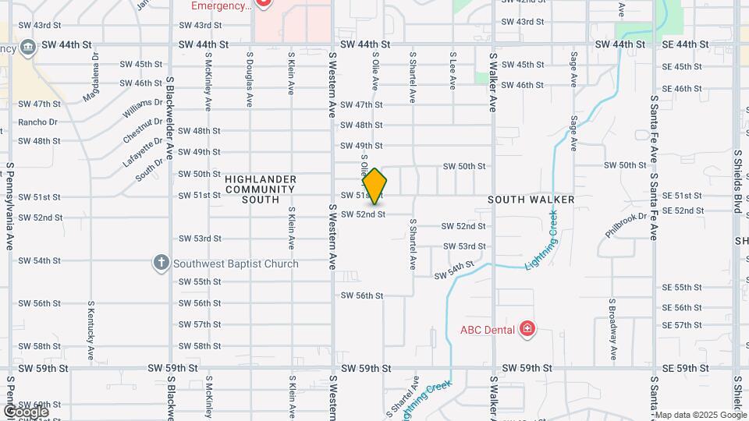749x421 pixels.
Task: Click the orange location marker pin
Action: coord(374,186)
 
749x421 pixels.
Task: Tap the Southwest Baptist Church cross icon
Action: coord(162,263)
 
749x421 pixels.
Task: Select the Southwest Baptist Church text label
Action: coord(236,264)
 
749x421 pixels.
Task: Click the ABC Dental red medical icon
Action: coord(528,329)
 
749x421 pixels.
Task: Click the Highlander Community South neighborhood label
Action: coord(261,189)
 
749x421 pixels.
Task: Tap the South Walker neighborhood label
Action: coord(531,200)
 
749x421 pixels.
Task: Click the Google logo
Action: coord(26,411)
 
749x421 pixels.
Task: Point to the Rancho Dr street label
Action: coord(38,122)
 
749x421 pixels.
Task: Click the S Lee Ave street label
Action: coord(453,71)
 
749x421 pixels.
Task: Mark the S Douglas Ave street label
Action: coord(249,79)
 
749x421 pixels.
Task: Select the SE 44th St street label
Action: coord(685,44)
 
